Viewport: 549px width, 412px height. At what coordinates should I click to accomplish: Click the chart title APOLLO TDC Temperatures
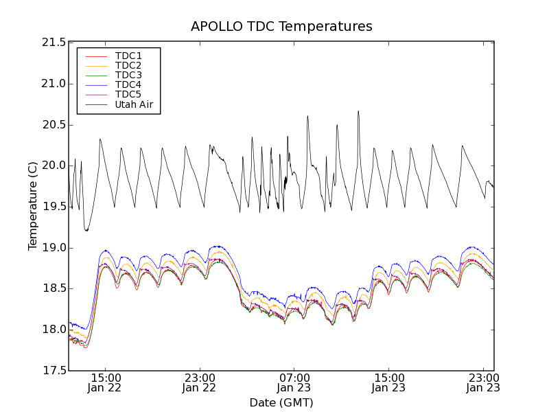click(x=281, y=27)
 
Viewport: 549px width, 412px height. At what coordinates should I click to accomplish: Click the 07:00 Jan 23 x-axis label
click(x=294, y=382)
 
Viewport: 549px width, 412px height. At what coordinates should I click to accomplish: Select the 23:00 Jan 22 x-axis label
click(x=199, y=382)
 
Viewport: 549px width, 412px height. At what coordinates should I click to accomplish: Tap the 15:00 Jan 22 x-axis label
click(x=105, y=382)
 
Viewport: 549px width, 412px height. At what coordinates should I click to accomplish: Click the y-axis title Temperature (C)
click(x=33, y=206)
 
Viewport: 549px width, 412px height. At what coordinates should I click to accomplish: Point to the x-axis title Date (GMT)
click(x=281, y=402)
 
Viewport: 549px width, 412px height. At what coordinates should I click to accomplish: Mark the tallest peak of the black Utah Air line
click(x=358, y=111)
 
